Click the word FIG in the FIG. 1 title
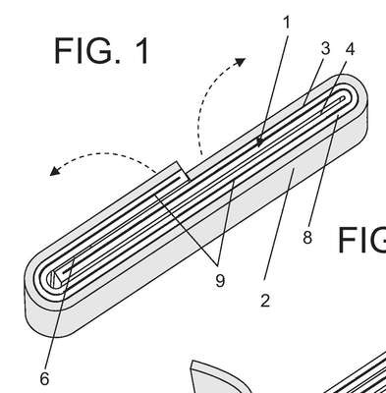click(x=84, y=51)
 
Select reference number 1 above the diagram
click(x=287, y=23)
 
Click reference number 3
click(x=325, y=48)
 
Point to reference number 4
click(x=350, y=49)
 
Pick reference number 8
click(x=307, y=238)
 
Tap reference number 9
click(x=220, y=281)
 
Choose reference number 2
click(x=265, y=301)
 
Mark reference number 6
click(x=44, y=379)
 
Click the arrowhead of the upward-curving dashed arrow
click(x=241, y=62)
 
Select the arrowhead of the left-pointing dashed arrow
click(x=55, y=171)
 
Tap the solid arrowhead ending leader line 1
click(x=260, y=142)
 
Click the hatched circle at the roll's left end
click(x=53, y=280)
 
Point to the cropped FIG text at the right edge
click(x=361, y=240)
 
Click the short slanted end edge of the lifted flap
click(x=184, y=171)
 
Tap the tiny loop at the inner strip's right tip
click(x=342, y=98)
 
